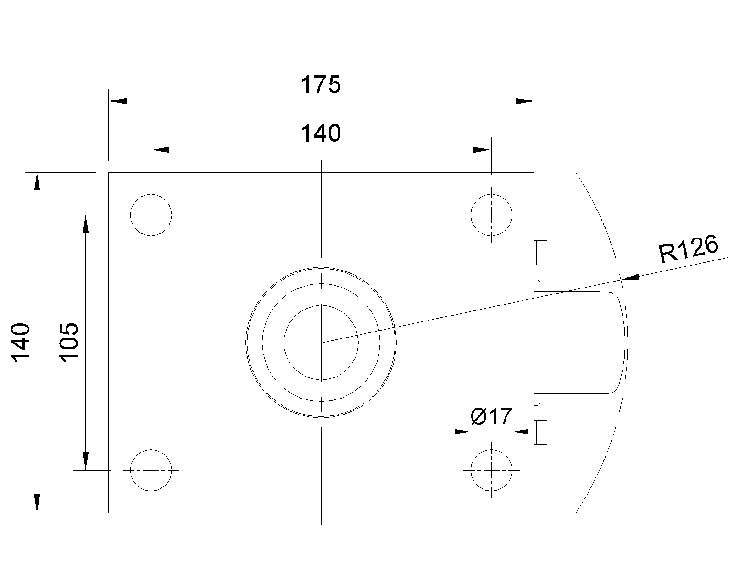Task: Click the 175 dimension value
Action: (x=321, y=84)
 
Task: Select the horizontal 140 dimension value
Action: (x=321, y=133)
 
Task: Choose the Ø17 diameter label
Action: (x=491, y=416)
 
